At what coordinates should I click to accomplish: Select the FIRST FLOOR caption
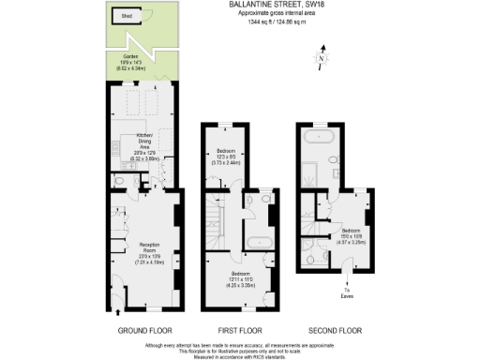(x=238, y=330)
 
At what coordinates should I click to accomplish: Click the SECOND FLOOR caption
(x=334, y=330)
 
